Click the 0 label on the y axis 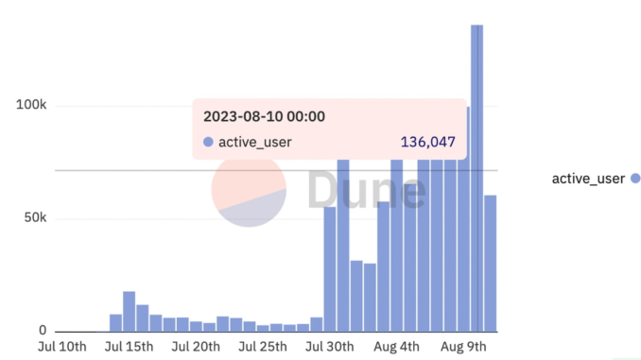[x=43, y=331]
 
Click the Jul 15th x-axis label [x=129, y=348]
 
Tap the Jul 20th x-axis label [x=197, y=348]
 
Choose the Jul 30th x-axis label [x=329, y=348]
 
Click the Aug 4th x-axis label [x=397, y=348]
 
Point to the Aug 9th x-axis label [x=464, y=348]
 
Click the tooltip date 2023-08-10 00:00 [x=265, y=117]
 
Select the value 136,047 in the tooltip [x=428, y=143]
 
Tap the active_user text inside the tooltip [x=255, y=143]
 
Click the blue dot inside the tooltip [x=208, y=143]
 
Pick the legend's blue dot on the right [x=635, y=179]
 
